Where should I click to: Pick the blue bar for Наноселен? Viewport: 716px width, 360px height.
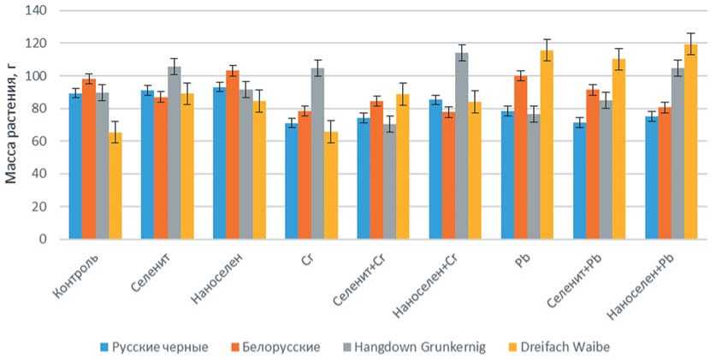[220, 162]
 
